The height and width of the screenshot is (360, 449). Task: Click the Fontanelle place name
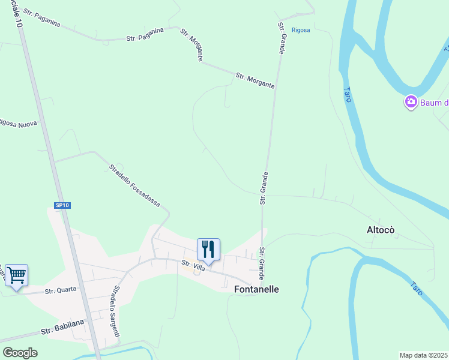tap(256, 289)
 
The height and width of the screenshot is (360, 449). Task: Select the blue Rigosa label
tap(301, 30)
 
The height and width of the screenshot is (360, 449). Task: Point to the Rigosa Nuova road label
tap(18, 124)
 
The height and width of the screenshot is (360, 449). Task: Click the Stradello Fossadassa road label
tap(134, 185)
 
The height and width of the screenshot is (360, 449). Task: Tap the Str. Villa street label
tap(193, 265)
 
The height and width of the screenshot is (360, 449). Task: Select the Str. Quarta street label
tap(61, 290)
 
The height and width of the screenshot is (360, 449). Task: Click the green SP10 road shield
tap(62, 205)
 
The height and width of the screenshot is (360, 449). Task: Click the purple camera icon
tap(411, 102)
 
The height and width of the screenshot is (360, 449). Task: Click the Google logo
tap(20, 352)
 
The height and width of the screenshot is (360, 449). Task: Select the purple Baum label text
tap(434, 103)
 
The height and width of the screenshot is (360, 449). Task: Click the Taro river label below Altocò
tap(417, 288)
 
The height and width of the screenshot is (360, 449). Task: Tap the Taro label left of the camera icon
tap(347, 95)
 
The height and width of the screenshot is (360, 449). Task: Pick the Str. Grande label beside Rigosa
tap(281, 38)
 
